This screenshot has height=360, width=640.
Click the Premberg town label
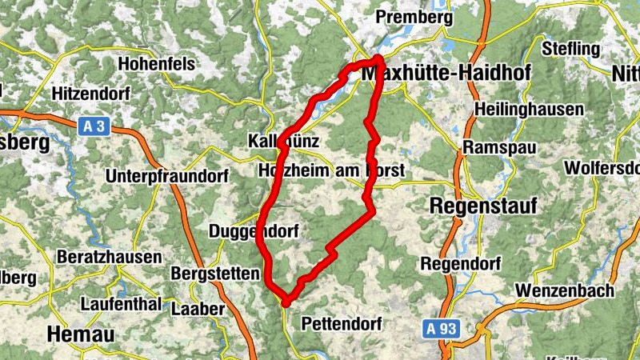414,17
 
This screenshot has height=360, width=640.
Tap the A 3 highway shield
94,126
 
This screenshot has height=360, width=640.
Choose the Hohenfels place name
157,62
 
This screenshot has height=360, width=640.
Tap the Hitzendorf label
90,93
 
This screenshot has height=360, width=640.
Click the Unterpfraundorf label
156,175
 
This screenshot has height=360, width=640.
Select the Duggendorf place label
254,232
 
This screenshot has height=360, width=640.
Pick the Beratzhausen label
110,258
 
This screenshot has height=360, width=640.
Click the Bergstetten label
215,273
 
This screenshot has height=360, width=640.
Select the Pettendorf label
342,324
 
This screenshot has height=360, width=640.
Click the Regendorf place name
461,263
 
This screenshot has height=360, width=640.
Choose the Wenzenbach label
565,290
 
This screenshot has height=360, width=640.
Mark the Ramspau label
493,148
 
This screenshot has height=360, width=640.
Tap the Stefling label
570,48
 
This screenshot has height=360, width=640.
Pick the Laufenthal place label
120,305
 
